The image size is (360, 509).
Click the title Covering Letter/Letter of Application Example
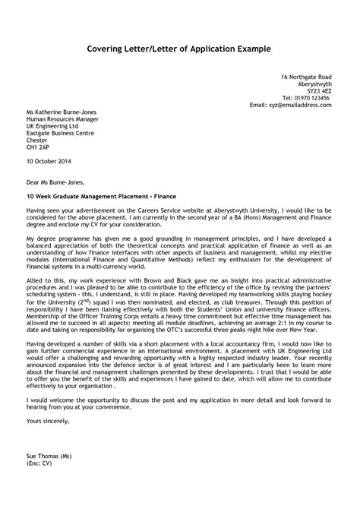(x=180, y=49)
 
